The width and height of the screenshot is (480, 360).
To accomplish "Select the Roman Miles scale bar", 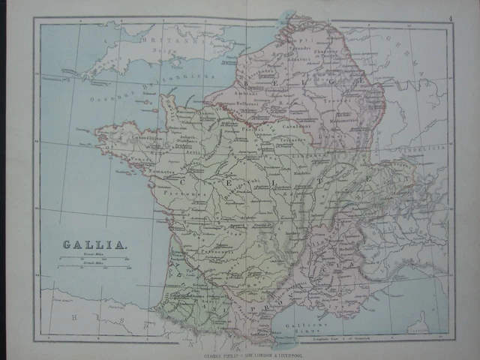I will click(x=94, y=259).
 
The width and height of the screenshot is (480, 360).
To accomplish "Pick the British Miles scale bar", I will click(x=94, y=268).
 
